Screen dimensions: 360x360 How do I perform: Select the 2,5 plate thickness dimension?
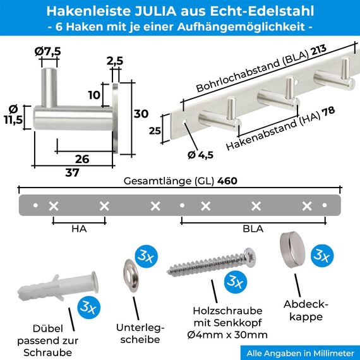114,61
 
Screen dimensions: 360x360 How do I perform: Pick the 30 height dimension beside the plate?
141,114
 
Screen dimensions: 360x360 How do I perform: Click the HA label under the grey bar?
79,229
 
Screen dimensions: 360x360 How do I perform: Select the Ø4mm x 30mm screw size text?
231,335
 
